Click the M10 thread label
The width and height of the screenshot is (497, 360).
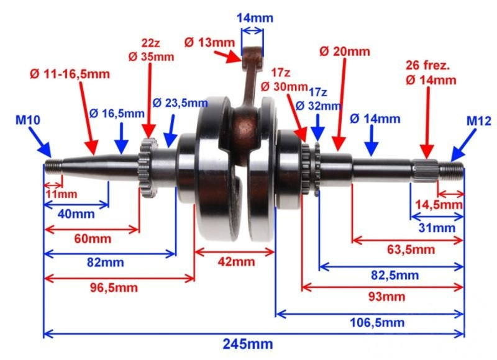[28, 120]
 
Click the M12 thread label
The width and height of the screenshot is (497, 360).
[478, 121]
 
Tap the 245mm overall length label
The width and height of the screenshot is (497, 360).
[247, 343]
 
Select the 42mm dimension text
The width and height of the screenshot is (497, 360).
[236, 262]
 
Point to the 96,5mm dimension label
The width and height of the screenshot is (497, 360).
[114, 288]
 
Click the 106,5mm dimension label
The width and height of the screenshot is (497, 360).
[377, 323]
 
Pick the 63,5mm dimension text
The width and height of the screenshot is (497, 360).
[411, 250]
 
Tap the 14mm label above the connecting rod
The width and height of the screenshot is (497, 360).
[255, 18]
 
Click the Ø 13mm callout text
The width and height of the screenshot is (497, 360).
[209, 42]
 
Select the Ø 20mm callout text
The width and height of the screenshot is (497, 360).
[345, 52]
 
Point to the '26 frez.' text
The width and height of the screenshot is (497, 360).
[428, 66]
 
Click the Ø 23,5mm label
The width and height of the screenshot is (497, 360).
[180, 103]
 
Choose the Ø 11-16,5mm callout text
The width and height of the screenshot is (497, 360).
[70, 74]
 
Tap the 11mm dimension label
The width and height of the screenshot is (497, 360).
[61, 194]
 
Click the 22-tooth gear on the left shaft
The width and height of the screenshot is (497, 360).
[148, 167]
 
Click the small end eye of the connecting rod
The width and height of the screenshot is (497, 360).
[253, 58]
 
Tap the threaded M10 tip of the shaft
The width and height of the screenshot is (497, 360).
[53, 167]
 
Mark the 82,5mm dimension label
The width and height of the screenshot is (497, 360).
[394, 276]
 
